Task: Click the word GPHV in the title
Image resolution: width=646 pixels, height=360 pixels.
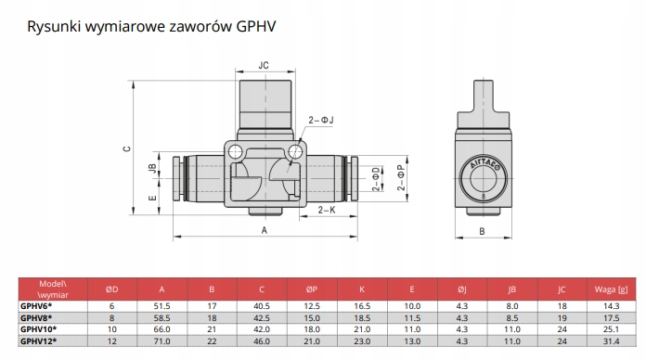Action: click(256, 26)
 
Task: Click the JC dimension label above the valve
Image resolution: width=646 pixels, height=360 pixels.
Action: click(264, 65)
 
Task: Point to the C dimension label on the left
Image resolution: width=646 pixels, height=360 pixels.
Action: click(127, 148)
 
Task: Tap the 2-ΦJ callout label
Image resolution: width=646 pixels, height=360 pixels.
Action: click(321, 120)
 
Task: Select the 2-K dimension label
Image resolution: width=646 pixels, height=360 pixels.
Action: click(327, 210)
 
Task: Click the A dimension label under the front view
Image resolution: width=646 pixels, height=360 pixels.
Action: click(265, 230)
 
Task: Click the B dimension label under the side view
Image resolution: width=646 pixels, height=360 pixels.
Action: click(482, 231)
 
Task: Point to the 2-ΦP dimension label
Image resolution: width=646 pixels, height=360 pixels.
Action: click(401, 177)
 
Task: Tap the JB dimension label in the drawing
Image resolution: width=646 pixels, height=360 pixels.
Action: click(152, 168)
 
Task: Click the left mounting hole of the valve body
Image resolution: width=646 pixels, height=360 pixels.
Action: click(235, 151)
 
